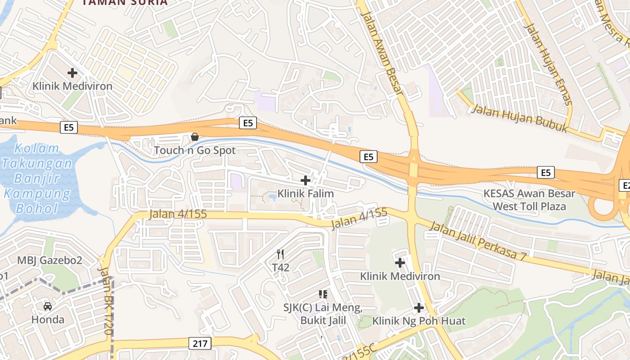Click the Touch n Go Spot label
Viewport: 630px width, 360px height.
(x=194, y=150)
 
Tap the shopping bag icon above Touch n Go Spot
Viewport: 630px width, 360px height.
(x=195, y=136)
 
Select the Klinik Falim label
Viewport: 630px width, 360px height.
(x=306, y=194)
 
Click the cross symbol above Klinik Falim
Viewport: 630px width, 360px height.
(x=306, y=180)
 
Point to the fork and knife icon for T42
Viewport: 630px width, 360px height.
(x=280, y=254)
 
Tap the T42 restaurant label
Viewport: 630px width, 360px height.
(x=280, y=267)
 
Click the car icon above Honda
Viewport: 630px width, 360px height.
(x=47, y=306)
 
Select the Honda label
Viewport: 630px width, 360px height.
(x=47, y=320)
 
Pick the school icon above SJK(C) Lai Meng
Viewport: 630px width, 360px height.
(x=323, y=294)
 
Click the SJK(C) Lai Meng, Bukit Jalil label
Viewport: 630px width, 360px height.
(x=323, y=314)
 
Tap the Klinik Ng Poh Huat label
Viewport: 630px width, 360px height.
(x=418, y=321)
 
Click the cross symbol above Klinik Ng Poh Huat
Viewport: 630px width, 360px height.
(x=419, y=308)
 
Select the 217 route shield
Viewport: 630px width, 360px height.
(x=199, y=344)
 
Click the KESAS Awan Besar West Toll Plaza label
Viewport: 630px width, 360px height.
(x=529, y=200)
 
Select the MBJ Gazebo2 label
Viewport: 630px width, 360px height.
(x=49, y=260)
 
